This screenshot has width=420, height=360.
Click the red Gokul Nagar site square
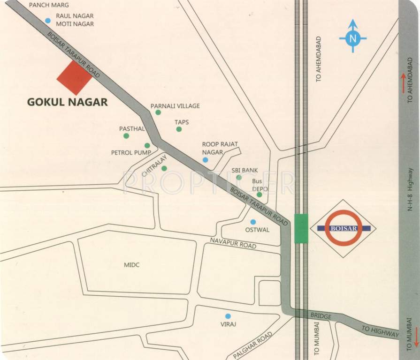(x=74, y=78)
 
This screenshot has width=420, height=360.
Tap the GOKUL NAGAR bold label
(x=67, y=102)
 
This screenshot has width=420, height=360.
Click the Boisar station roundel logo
(x=344, y=228)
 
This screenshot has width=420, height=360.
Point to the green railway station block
(x=301, y=228)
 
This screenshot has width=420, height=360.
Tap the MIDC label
(x=131, y=265)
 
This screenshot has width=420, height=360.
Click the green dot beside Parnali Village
(x=158, y=112)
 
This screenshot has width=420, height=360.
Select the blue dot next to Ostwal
(x=253, y=222)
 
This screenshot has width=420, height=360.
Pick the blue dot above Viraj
(x=228, y=316)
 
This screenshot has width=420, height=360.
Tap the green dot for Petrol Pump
(x=147, y=145)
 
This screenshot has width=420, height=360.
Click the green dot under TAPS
(x=179, y=129)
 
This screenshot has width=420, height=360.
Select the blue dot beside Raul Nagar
(x=47, y=20)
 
